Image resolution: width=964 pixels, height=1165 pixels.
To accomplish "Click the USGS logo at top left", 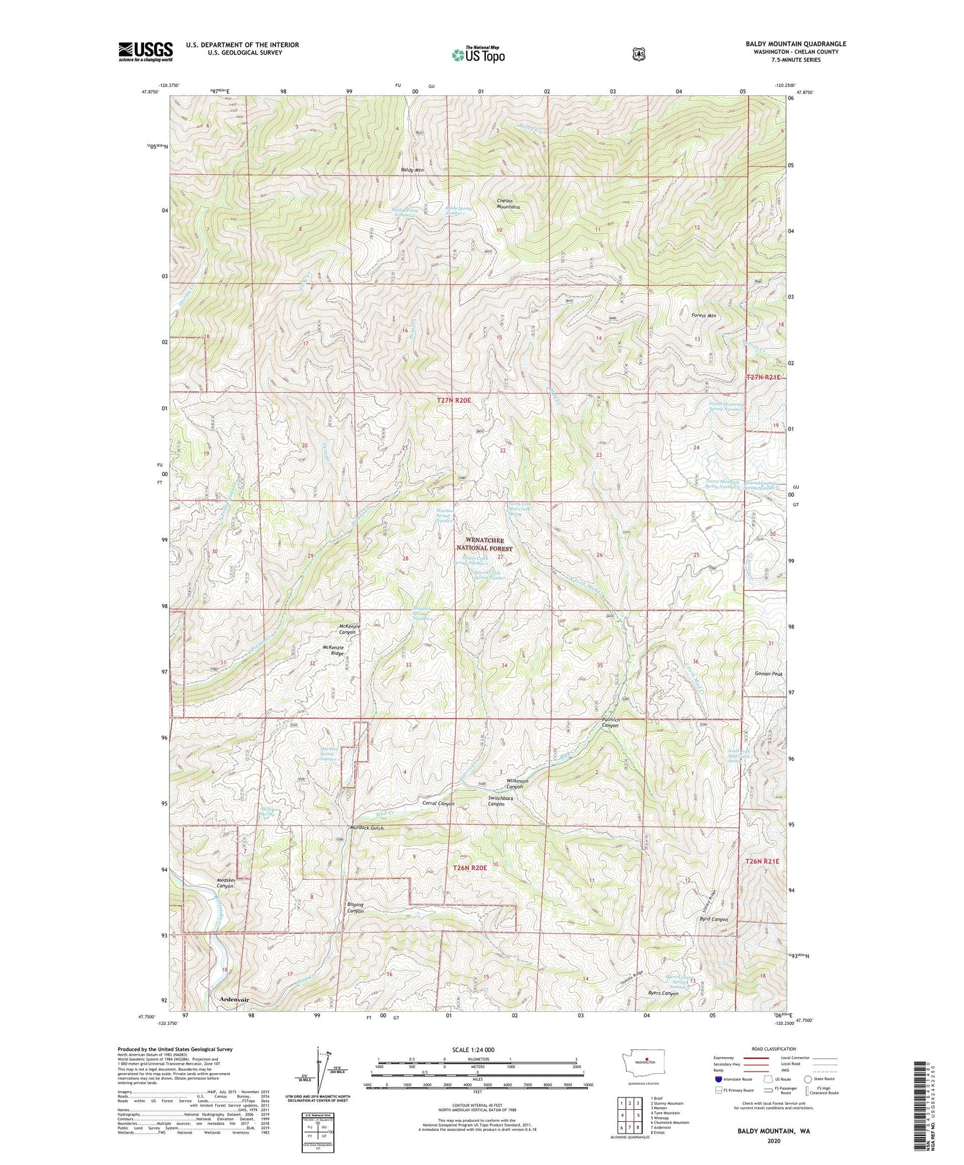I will pos(145,51).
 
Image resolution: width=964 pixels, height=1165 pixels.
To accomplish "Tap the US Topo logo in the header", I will pos(478,55).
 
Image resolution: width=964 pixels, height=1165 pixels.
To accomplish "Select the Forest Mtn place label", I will pos(704,316).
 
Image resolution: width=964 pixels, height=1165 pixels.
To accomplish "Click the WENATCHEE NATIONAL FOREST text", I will pos(485,545).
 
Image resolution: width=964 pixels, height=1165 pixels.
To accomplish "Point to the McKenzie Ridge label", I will pos(334,650).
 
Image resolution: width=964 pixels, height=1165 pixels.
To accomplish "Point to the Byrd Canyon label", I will pos(713,920).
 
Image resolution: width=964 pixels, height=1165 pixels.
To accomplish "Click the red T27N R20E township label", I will pos(454,400).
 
